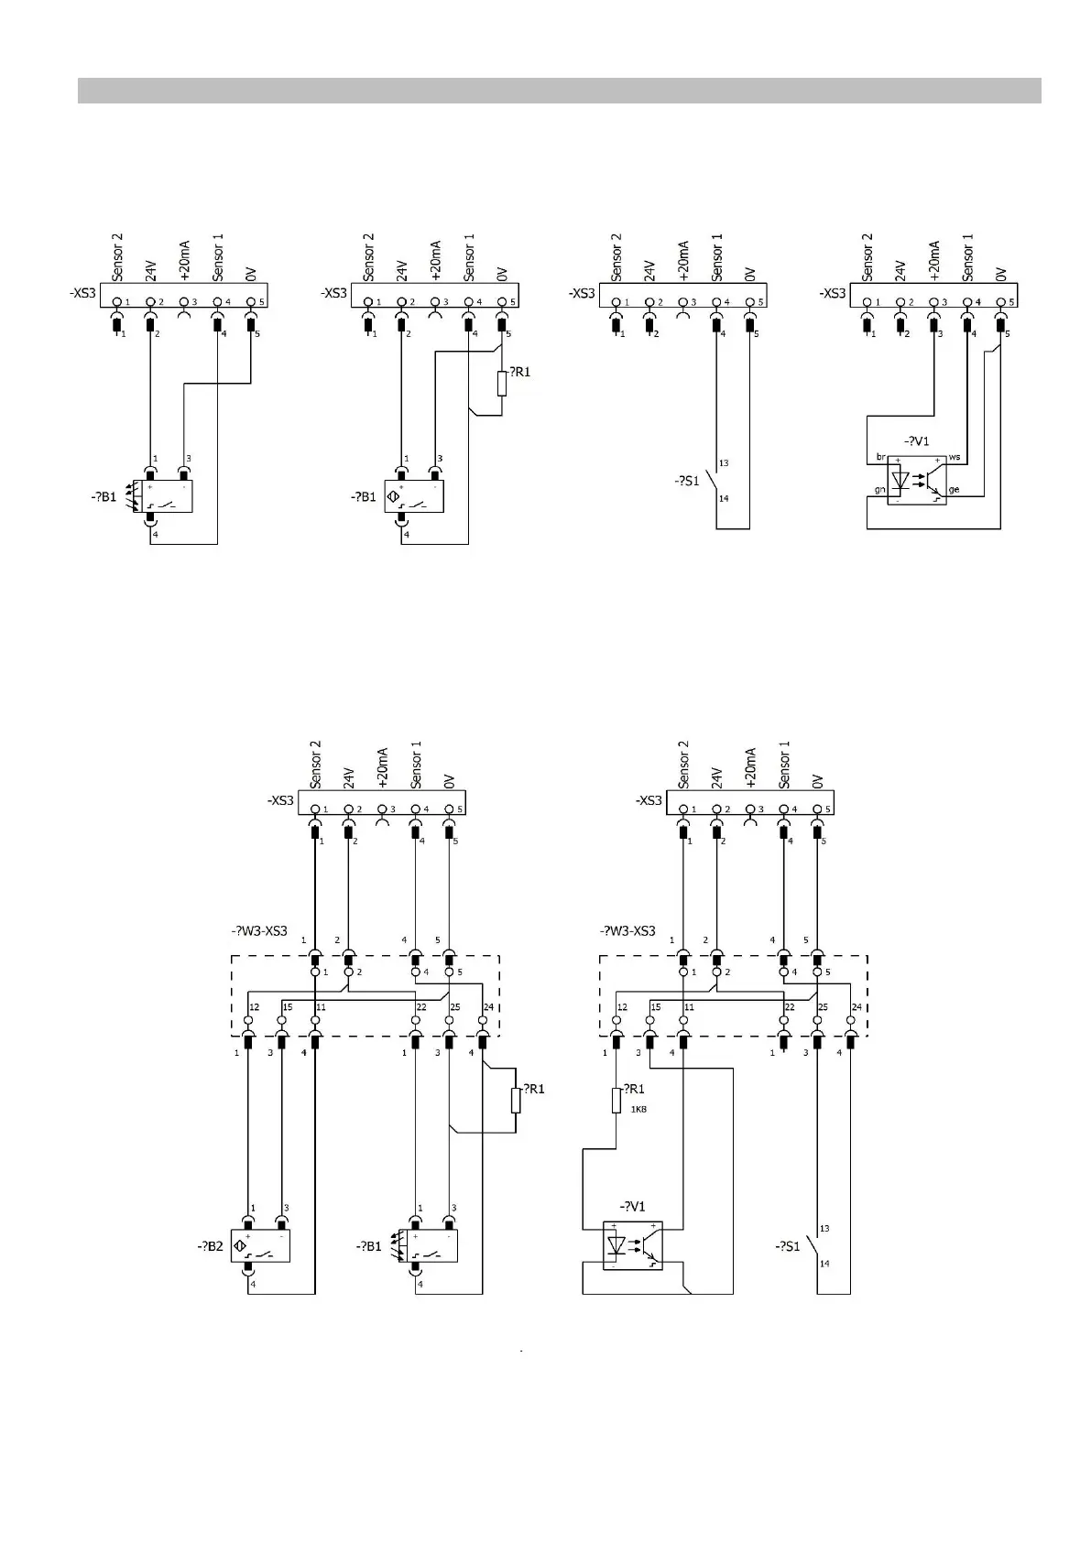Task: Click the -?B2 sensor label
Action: point(210,1246)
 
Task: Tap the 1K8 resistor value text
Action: point(638,1109)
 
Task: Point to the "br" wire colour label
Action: point(880,456)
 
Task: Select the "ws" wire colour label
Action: point(955,456)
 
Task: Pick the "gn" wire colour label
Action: point(879,490)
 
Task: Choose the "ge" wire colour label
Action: point(955,490)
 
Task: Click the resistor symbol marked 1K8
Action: point(616,1100)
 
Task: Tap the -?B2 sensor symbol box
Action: point(260,1246)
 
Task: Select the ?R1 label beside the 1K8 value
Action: point(634,1089)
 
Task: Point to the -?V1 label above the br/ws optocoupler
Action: point(916,441)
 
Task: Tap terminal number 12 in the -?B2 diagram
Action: point(255,1007)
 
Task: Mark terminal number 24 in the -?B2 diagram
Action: point(488,1007)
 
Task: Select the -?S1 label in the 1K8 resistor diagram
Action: point(787,1246)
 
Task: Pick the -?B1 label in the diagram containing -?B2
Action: point(369,1246)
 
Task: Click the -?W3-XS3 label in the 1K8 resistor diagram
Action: point(627,931)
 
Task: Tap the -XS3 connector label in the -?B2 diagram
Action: point(280,800)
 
